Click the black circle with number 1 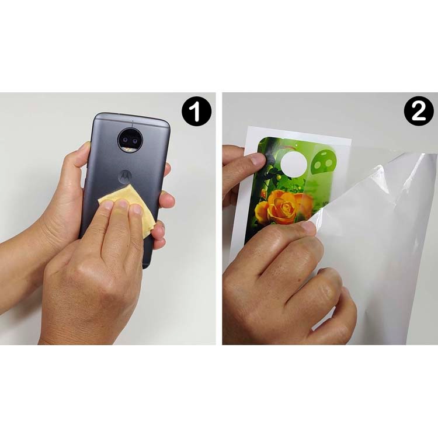[196, 112]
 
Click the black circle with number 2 [419, 112]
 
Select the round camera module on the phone [130, 141]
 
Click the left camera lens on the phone [125, 140]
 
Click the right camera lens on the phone [135, 141]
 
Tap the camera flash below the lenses [130, 150]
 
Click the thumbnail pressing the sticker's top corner [257, 159]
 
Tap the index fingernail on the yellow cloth [107, 206]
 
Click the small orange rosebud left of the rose [263, 193]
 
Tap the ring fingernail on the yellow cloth [137, 209]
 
